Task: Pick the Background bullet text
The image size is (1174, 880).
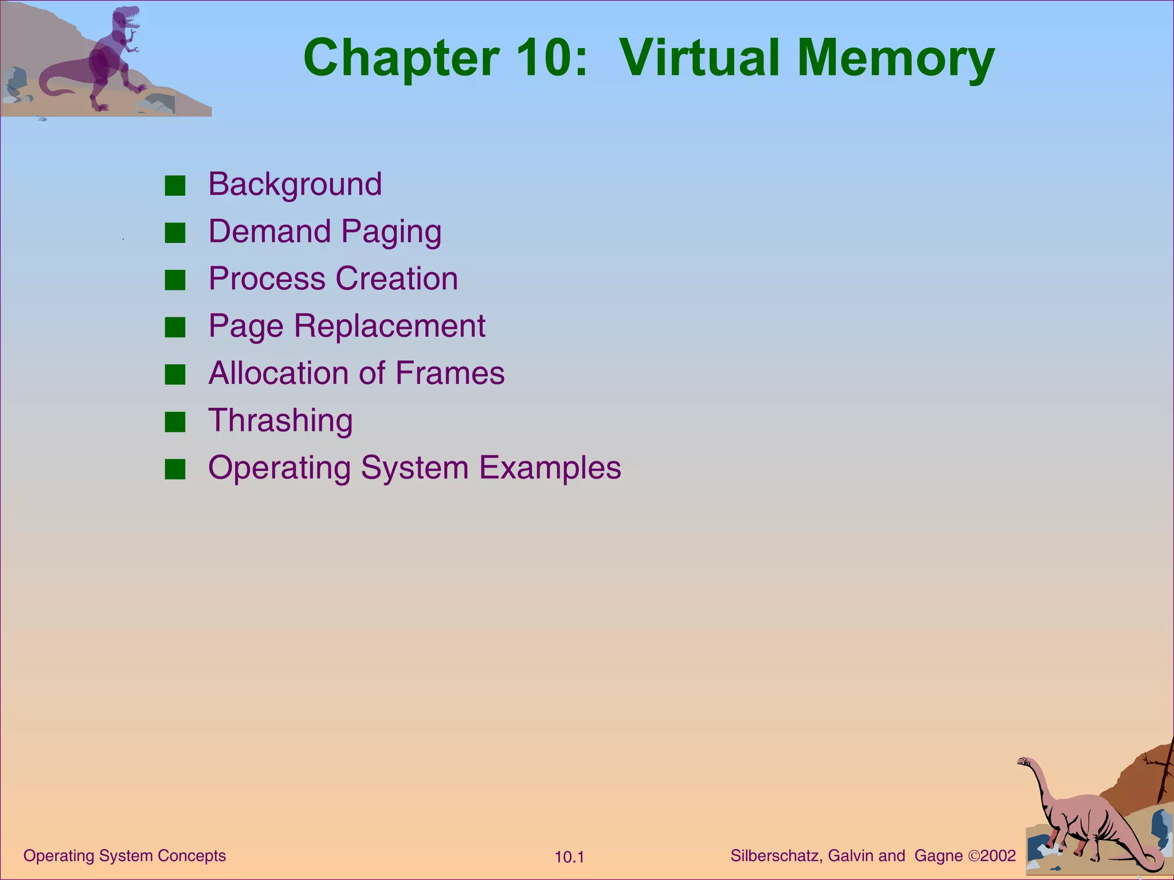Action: point(295,184)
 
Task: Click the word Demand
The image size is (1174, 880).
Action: point(269,231)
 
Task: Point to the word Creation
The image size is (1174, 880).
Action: point(397,279)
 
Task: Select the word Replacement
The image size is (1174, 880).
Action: point(390,327)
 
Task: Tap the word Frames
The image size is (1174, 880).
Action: point(450,374)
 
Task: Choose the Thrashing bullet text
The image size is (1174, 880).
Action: point(280,421)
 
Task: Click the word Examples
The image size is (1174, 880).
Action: point(550,468)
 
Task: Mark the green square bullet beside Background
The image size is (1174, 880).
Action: point(175,186)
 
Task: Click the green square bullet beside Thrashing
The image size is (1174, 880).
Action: point(175,422)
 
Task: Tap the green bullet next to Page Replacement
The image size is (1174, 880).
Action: point(175,328)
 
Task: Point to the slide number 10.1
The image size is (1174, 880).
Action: point(569,857)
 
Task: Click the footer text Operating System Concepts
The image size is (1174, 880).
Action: point(124,856)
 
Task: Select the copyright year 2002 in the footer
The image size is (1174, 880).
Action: point(998,856)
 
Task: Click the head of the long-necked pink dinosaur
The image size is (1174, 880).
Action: point(1024,761)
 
